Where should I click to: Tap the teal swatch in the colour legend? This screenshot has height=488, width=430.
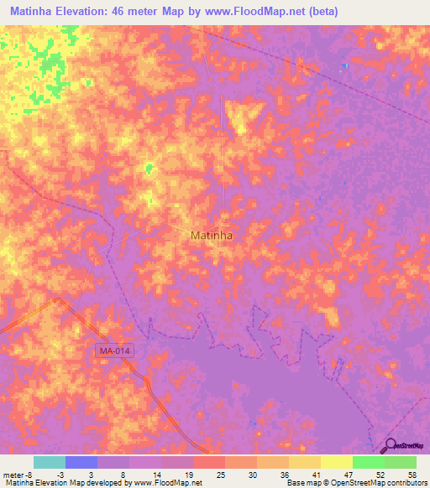click(49, 462)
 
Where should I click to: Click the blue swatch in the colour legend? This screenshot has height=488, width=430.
click(81, 462)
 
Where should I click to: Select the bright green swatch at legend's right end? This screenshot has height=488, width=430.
click(400, 462)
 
